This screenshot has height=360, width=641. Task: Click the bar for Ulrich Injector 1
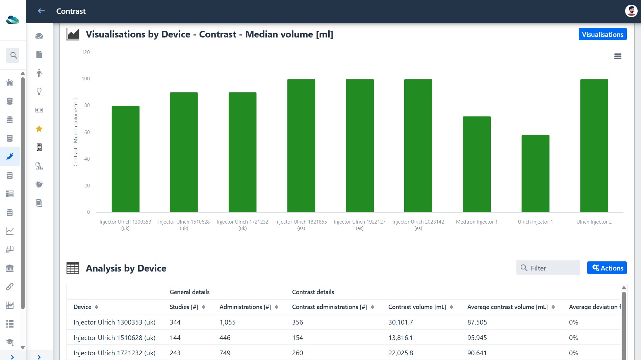coord(535,174)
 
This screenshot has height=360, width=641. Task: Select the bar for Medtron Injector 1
coord(477,164)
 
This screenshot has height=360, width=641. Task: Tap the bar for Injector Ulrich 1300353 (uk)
coord(125,159)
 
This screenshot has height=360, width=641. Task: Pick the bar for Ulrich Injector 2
coord(594,146)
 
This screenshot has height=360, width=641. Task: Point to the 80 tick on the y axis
coord(87,105)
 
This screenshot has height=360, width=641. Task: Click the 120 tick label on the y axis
coord(86,52)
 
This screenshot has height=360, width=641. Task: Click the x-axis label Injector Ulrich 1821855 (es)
coord(301,225)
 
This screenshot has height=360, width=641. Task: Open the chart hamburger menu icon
coord(618,56)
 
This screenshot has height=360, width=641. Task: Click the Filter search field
coord(548,268)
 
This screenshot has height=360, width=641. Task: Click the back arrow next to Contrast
coord(41,11)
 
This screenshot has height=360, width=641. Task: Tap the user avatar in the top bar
coord(631,11)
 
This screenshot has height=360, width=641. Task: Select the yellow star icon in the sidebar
coord(39,129)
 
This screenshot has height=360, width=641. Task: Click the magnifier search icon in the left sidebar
coord(13,55)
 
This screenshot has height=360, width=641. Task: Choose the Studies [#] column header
coord(184,307)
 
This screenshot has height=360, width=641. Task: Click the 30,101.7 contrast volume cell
coord(401,322)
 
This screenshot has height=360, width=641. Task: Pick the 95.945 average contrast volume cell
coord(477,338)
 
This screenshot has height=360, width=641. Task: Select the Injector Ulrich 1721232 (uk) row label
coord(114,353)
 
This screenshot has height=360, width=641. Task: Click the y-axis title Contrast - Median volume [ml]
coord(76,132)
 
